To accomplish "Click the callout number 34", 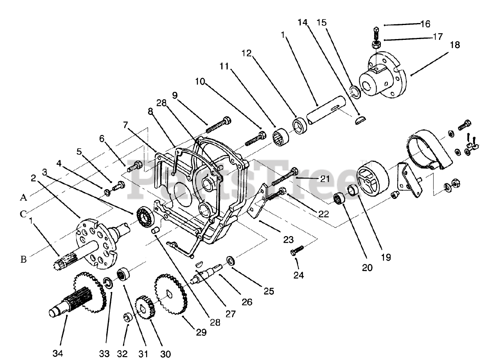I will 57,353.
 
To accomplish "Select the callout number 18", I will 454,45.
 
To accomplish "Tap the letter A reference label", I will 23,198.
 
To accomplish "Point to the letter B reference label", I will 23,259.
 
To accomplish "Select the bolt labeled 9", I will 217,125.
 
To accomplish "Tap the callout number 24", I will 298,275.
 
